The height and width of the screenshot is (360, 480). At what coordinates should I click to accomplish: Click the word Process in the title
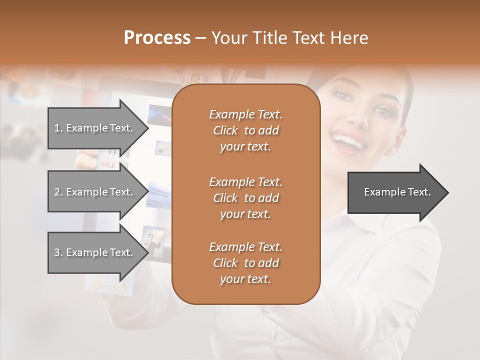(x=157, y=38)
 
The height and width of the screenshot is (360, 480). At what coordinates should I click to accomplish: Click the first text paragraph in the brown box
(x=245, y=130)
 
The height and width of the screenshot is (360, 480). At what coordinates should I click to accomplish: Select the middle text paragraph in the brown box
(x=245, y=197)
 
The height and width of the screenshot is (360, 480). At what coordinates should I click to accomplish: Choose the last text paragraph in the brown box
(x=245, y=263)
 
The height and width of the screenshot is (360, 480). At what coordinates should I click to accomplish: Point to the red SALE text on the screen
(x=107, y=164)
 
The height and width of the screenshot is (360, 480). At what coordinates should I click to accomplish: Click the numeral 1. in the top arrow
(x=58, y=128)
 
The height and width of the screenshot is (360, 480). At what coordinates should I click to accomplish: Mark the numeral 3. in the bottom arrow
(x=58, y=252)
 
